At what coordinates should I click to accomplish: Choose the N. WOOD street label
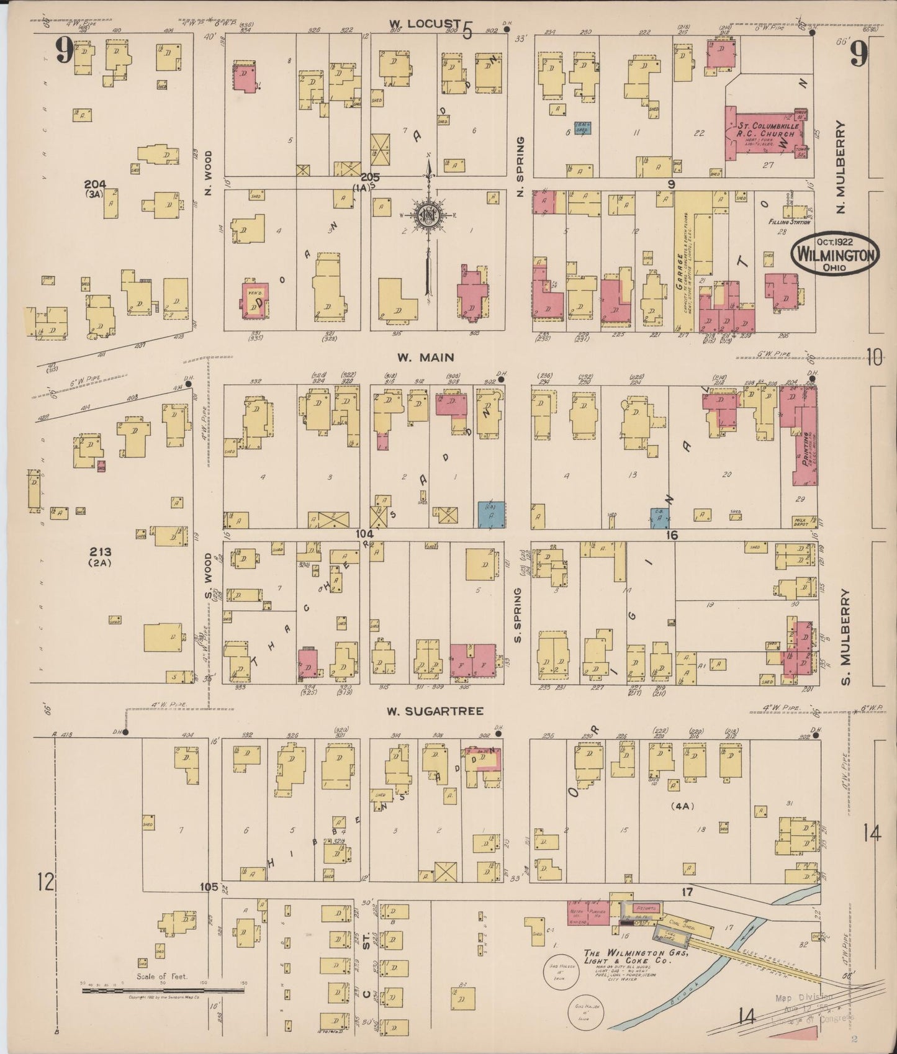pos(209,172)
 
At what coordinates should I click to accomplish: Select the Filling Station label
pos(787,222)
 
